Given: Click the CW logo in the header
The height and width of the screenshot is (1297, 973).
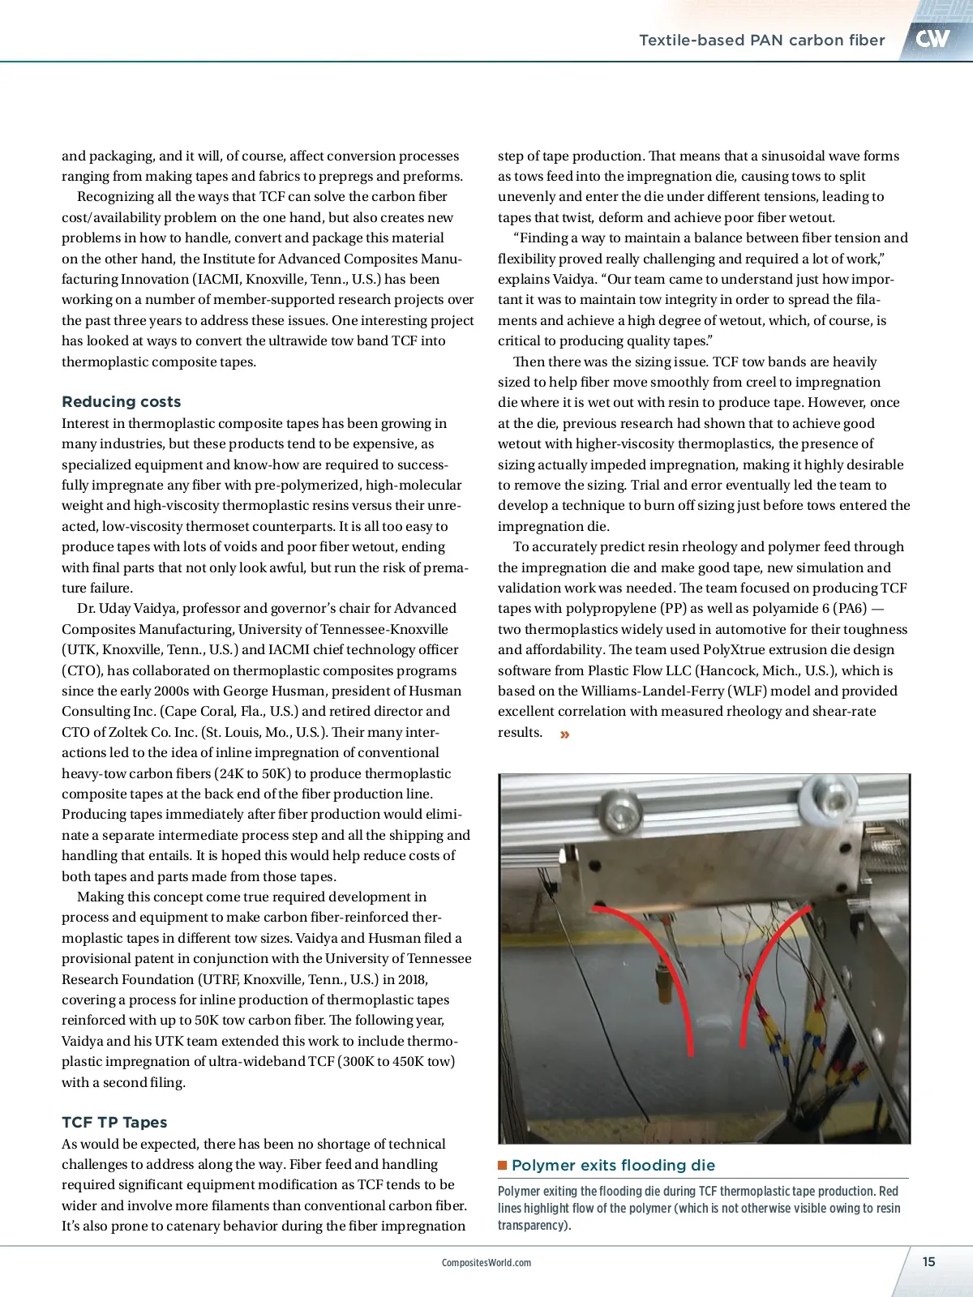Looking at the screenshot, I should pyautogui.click(x=932, y=39).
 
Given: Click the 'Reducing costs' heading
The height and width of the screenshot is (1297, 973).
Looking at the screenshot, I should pyautogui.click(x=121, y=401).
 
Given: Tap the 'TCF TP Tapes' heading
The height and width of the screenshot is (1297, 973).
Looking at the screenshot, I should pyautogui.click(x=114, y=1122).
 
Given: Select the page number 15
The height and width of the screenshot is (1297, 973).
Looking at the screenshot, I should pyautogui.click(x=928, y=1261).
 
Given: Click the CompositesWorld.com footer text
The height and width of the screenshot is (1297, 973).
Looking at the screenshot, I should pyautogui.click(x=486, y=1262).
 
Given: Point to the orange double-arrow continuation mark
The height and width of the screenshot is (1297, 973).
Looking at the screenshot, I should pyautogui.click(x=564, y=734).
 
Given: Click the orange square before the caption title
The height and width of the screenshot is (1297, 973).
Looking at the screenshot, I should pyautogui.click(x=503, y=1165).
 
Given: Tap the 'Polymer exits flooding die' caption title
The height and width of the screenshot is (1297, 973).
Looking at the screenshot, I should pyautogui.click(x=613, y=1165).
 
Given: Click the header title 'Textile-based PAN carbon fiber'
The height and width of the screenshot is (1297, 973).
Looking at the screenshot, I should pyautogui.click(x=761, y=40).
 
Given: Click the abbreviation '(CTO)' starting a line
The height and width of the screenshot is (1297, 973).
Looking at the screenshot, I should pyautogui.click(x=82, y=670).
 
